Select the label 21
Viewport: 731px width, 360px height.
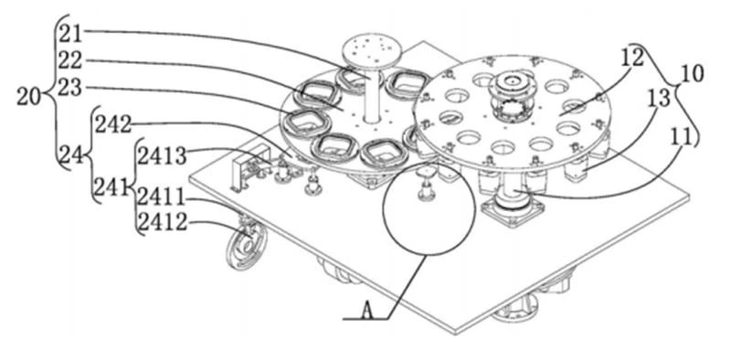point(70,34)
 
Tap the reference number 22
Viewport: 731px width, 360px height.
point(70,60)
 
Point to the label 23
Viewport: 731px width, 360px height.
point(70,87)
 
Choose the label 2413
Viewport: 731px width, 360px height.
point(162,156)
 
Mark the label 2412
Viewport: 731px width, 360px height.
point(162,223)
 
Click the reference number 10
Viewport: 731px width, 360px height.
point(692,75)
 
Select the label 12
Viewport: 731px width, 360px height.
point(631,57)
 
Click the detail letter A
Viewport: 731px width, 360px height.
point(368,310)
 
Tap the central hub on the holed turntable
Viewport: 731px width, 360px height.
point(514,97)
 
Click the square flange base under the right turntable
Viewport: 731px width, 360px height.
point(513,211)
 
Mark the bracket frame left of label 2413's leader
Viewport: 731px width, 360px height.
point(249,168)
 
